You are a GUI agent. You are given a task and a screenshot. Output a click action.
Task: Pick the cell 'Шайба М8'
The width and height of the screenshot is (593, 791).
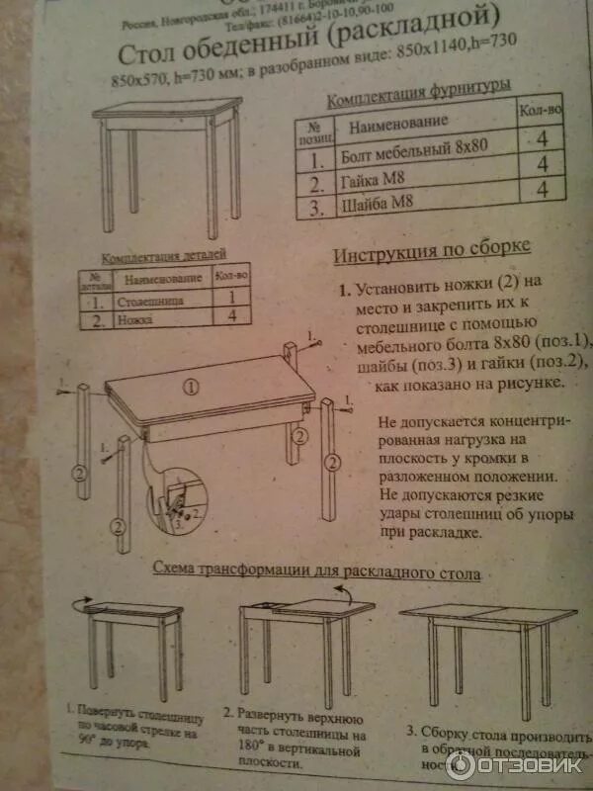click(376, 207)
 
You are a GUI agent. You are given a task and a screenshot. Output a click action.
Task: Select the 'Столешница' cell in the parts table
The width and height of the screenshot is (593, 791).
click(149, 298)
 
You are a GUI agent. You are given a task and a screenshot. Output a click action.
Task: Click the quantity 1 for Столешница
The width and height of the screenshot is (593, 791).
click(229, 296)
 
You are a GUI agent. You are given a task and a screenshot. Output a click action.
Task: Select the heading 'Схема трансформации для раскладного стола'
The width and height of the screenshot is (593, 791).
click(316, 572)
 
